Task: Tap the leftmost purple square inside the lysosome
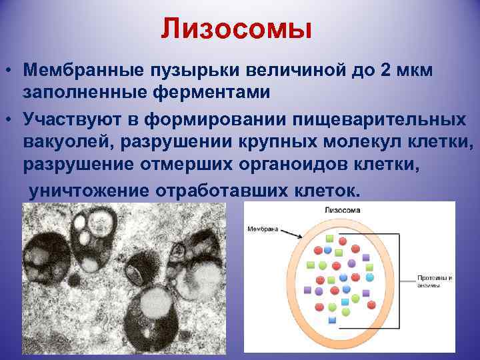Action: click(x=308, y=290)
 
